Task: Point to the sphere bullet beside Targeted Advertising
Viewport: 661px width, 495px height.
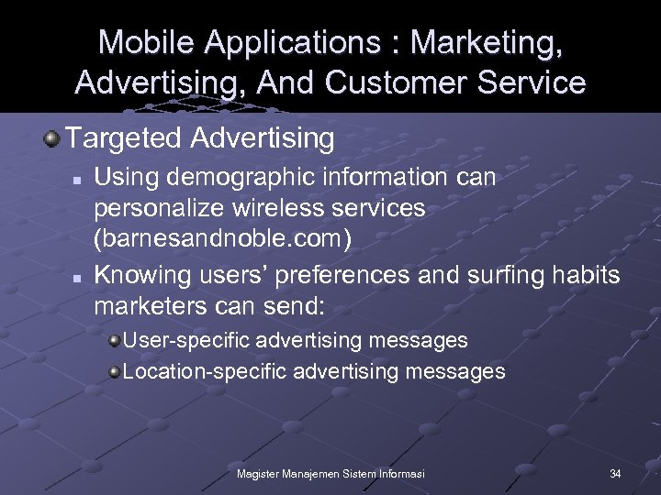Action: [52, 139]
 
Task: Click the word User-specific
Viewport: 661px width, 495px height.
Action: [187, 341]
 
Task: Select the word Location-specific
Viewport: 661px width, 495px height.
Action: [205, 371]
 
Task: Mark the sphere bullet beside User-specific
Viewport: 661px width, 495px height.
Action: [114, 341]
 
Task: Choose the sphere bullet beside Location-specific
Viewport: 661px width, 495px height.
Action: [114, 371]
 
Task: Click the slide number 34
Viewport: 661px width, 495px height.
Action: [615, 473]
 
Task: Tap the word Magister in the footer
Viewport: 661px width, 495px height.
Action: [259, 473]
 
